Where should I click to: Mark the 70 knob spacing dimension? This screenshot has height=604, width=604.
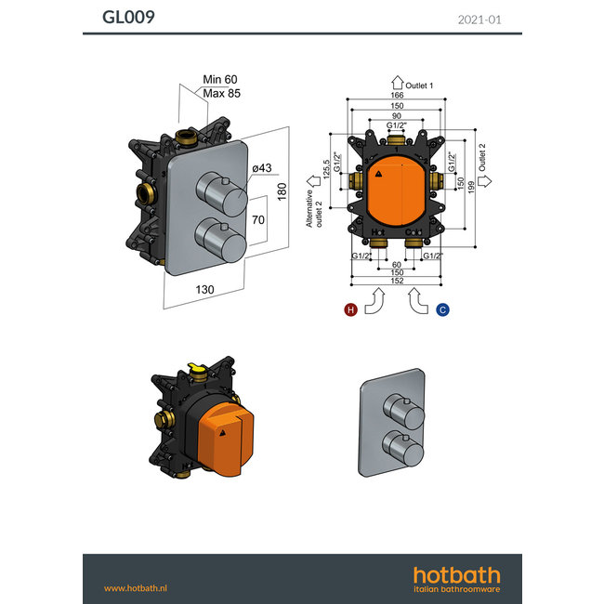260,221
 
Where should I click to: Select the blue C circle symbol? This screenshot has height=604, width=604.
442,309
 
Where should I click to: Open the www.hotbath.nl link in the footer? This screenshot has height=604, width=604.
136,587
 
